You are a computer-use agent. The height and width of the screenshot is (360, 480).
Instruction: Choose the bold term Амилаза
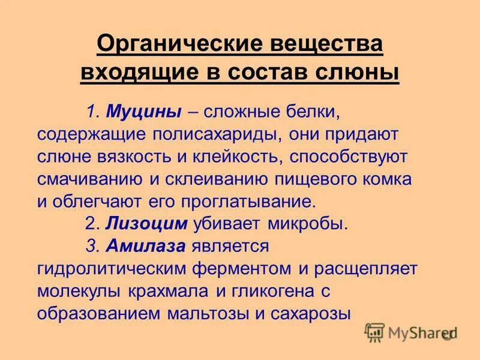pos(148,245)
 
